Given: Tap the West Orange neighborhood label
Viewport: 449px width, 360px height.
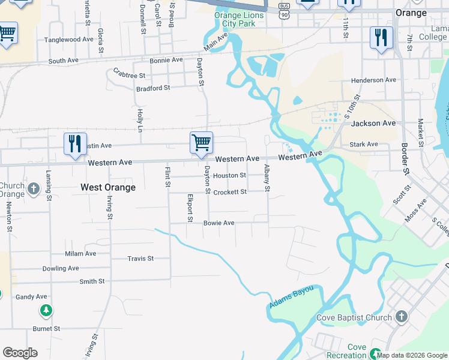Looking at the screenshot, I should point(108,187).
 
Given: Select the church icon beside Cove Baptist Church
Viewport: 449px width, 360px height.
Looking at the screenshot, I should point(402,316).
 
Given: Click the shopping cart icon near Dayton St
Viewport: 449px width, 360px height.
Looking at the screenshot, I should point(201,143).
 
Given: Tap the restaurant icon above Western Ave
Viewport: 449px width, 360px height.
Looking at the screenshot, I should point(76,144).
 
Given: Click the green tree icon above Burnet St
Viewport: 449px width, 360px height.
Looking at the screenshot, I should point(46,310).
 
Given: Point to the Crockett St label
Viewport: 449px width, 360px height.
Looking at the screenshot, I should point(230,192).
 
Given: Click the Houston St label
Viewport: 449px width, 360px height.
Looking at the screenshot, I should point(230,176).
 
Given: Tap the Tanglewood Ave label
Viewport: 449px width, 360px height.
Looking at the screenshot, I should point(69,40).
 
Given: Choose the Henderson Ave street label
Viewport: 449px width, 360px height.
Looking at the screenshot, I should point(374,80).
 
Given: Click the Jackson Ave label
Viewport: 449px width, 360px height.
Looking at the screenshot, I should point(373,123).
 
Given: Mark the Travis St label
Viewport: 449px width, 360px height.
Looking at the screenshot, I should point(140,259).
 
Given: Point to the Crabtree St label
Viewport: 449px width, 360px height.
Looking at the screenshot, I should point(129,76).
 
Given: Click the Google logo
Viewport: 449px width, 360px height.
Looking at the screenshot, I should point(20,353).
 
